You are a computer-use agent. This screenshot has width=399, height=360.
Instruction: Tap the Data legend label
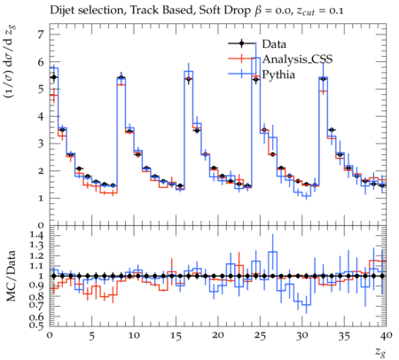(274, 44)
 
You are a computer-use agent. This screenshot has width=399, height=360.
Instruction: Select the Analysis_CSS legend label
(297, 59)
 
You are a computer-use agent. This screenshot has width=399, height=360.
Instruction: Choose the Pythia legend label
(278, 74)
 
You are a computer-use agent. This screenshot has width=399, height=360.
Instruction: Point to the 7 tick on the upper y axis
(41, 35)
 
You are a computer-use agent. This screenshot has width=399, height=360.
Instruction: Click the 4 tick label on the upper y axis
(41, 116)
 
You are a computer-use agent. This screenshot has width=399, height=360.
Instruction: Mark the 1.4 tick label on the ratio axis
(37, 236)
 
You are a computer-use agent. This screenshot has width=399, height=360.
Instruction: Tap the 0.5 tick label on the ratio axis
(37, 325)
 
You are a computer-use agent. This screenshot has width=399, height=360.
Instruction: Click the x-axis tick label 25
(260, 336)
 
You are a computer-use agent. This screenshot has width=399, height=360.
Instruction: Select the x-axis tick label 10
(134, 336)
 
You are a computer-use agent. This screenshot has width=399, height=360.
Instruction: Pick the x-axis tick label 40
(387, 336)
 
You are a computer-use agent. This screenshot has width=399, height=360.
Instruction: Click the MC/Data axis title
(11, 276)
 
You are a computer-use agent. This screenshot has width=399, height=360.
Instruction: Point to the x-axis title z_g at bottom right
(381, 352)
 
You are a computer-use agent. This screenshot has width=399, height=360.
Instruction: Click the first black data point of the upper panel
(54, 77)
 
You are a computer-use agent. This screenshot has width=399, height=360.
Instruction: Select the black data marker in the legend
(241, 43)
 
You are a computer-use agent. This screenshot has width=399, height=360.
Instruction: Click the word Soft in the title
(209, 11)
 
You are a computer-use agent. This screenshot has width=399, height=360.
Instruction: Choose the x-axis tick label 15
(176, 336)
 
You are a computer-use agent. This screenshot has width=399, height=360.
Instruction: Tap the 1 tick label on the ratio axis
(42, 276)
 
